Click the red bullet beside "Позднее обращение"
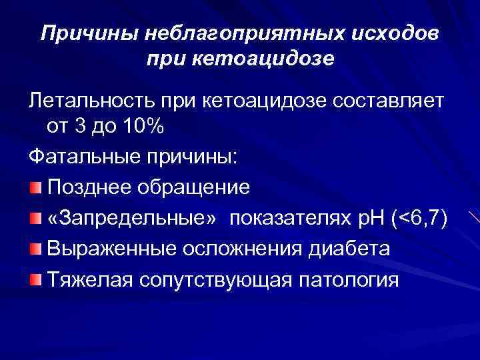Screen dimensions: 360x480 tap(35, 188)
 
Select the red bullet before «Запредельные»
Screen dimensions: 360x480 tap(35, 219)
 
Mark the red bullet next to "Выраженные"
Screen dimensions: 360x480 tap(35, 249)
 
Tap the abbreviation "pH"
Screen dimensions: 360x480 tap(375, 219)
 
